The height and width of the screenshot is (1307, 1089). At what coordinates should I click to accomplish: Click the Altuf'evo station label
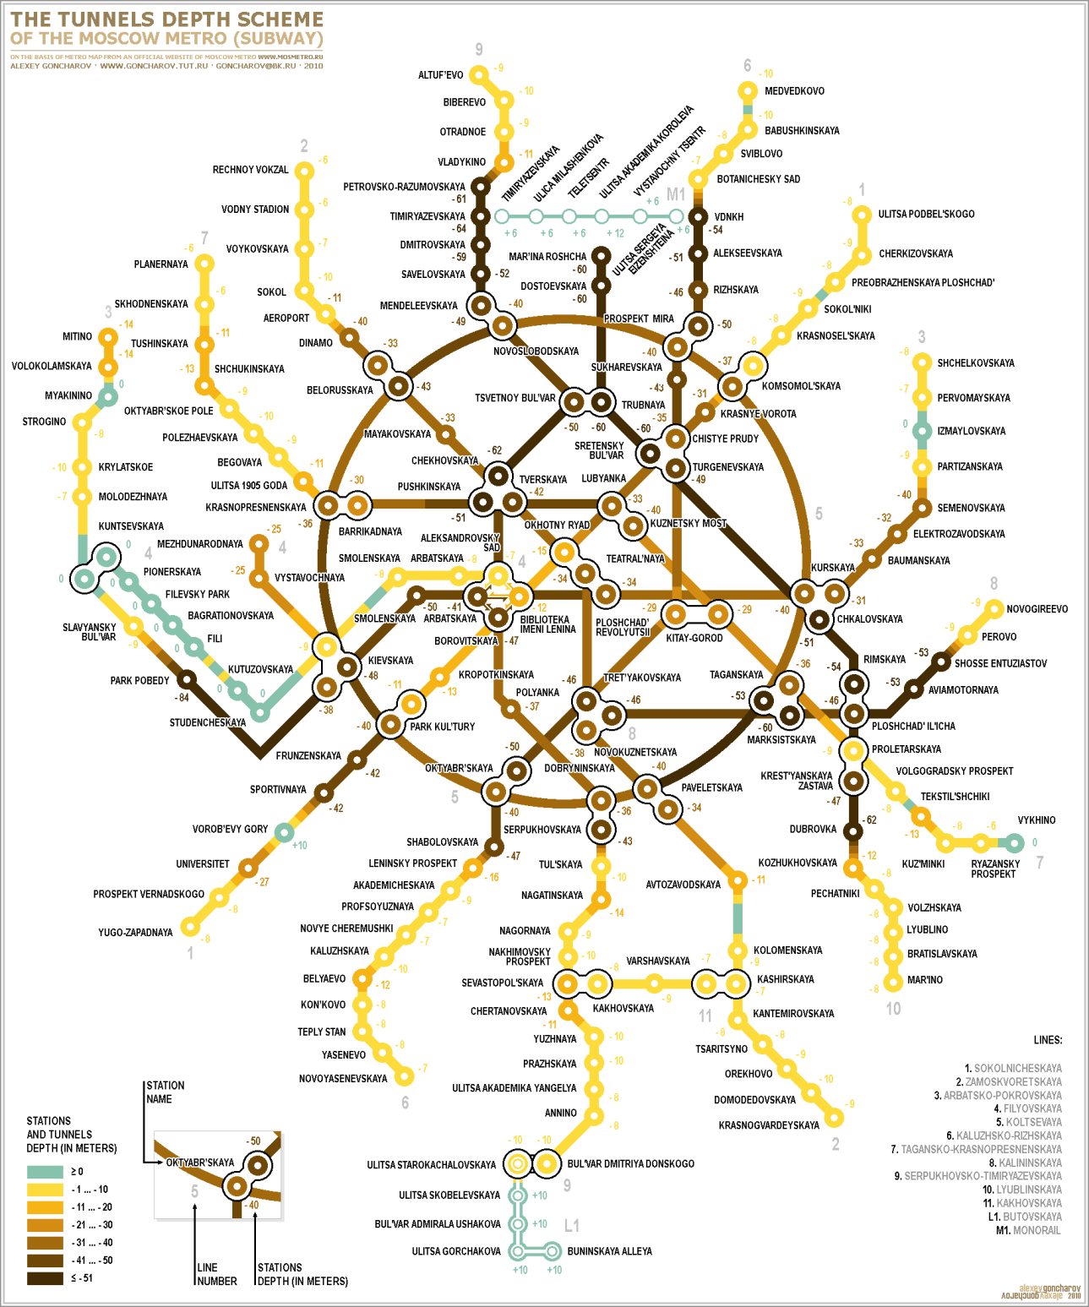click(x=440, y=75)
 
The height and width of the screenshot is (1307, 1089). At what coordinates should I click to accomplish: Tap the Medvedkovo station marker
click(x=748, y=90)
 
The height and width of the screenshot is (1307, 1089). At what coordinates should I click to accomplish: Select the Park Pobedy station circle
click(x=187, y=679)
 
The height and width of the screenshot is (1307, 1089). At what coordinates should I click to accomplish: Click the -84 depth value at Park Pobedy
click(x=182, y=698)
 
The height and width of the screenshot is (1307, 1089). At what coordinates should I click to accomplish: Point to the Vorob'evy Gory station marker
click(x=284, y=831)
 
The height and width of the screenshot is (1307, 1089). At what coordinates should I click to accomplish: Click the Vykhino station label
click(x=1036, y=820)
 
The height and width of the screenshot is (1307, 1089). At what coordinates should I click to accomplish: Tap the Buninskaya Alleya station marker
click(x=552, y=1250)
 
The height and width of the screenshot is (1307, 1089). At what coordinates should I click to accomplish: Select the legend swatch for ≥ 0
click(x=45, y=1172)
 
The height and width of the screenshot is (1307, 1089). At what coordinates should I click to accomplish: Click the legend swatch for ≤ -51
click(x=45, y=1278)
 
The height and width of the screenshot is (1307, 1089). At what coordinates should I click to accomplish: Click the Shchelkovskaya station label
click(x=975, y=363)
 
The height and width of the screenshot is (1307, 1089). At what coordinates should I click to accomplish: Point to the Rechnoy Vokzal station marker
click(x=304, y=171)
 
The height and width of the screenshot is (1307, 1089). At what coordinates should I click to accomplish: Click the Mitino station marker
click(x=107, y=337)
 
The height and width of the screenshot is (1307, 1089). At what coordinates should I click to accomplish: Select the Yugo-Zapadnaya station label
click(x=135, y=933)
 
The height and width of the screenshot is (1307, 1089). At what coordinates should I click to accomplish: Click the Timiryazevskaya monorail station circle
click(x=502, y=216)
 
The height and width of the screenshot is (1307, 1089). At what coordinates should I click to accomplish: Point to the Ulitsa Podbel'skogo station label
click(x=926, y=215)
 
